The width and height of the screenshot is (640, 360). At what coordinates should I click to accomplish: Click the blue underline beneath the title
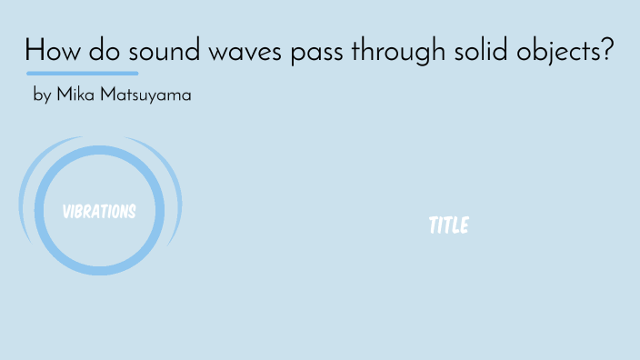pyautogui.click(x=83, y=73)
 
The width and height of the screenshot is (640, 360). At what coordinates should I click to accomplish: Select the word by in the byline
pyautogui.click(x=41, y=95)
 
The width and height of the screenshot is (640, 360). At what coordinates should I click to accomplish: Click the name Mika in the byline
pyautogui.click(x=75, y=94)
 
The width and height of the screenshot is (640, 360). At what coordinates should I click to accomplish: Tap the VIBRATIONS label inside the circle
pyautogui.click(x=99, y=212)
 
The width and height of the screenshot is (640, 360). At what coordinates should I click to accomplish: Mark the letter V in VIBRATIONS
pyautogui.click(x=66, y=212)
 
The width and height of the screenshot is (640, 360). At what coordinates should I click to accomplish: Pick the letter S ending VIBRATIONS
pyautogui.click(x=132, y=212)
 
